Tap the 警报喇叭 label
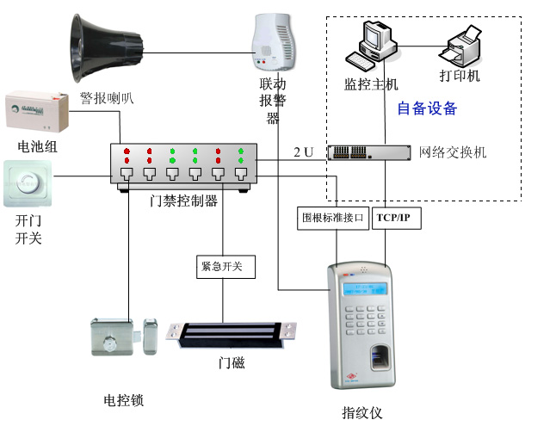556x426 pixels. (107, 98)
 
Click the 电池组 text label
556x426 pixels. (31, 146)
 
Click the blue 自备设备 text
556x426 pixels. (426, 108)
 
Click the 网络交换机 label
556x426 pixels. (453, 152)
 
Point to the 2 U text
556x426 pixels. (304, 152)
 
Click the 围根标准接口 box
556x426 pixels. (334, 218)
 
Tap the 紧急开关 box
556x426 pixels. (222, 267)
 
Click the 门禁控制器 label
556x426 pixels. (183, 201)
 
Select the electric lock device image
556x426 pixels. (124, 337)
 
